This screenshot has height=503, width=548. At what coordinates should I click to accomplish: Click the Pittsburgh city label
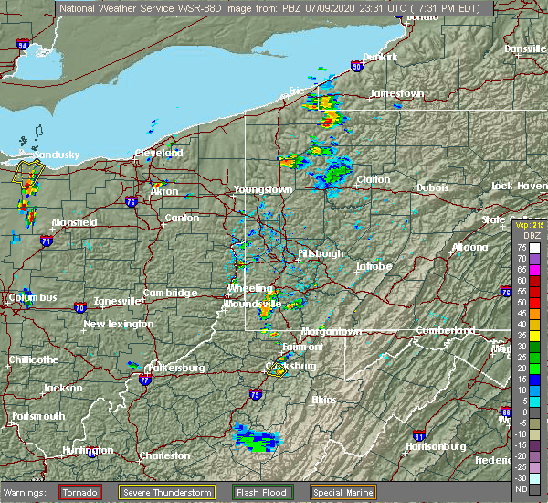point(320,253)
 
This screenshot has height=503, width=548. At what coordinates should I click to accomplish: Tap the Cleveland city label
point(160,153)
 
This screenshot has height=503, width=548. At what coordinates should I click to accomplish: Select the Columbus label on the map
point(34,297)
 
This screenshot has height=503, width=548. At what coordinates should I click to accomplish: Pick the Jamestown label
point(397,93)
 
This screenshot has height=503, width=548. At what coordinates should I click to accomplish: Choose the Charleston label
point(164,455)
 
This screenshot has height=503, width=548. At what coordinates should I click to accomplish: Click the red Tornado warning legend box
point(81,492)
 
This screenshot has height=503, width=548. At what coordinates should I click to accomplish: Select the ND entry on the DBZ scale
point(521,489)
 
